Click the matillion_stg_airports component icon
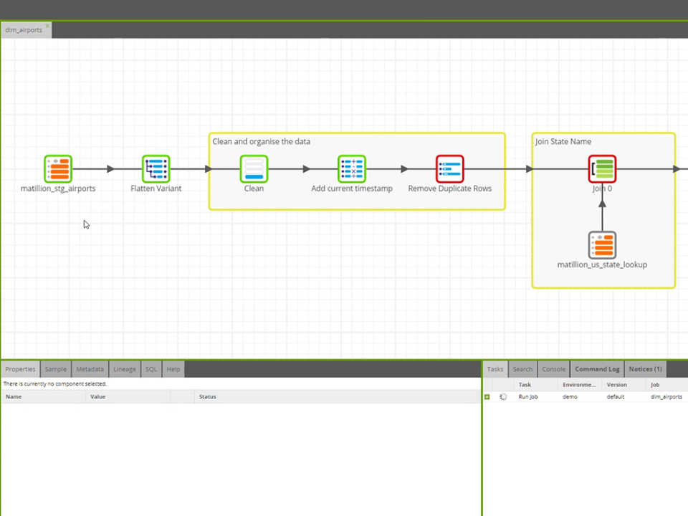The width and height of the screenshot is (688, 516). tap(57, 169)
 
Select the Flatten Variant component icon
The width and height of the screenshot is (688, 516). tap(156, 169)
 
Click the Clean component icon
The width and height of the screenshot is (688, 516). tap(254, 169)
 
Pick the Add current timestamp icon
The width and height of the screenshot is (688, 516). tap(352, 169)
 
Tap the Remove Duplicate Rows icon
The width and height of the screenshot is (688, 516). tap(450, 169)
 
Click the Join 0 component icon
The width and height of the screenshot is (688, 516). tap(602, 169)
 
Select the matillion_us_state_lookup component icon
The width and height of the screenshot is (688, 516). tap(602, 245)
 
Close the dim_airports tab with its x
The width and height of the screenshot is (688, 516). tap(48, 26)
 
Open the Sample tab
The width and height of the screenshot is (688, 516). tap(55, 369)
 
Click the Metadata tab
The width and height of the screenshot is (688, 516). tap(90, 369)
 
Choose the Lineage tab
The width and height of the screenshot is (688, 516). tap(124, 369)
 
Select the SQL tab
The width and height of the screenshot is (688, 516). tap(151, 369)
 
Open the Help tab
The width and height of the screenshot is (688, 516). tap(173, 369)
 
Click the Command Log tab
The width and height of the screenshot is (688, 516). tap(597, 369)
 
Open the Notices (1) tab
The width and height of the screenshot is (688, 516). tap(645, 369)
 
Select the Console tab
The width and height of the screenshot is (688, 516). tap(553, 369)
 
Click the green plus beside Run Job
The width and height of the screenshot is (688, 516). tap(487, 396)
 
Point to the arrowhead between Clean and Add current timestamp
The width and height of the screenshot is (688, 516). tap(307, 169)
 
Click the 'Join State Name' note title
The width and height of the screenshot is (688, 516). tap(563, 142)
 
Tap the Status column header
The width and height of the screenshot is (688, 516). tap(207, 396)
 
